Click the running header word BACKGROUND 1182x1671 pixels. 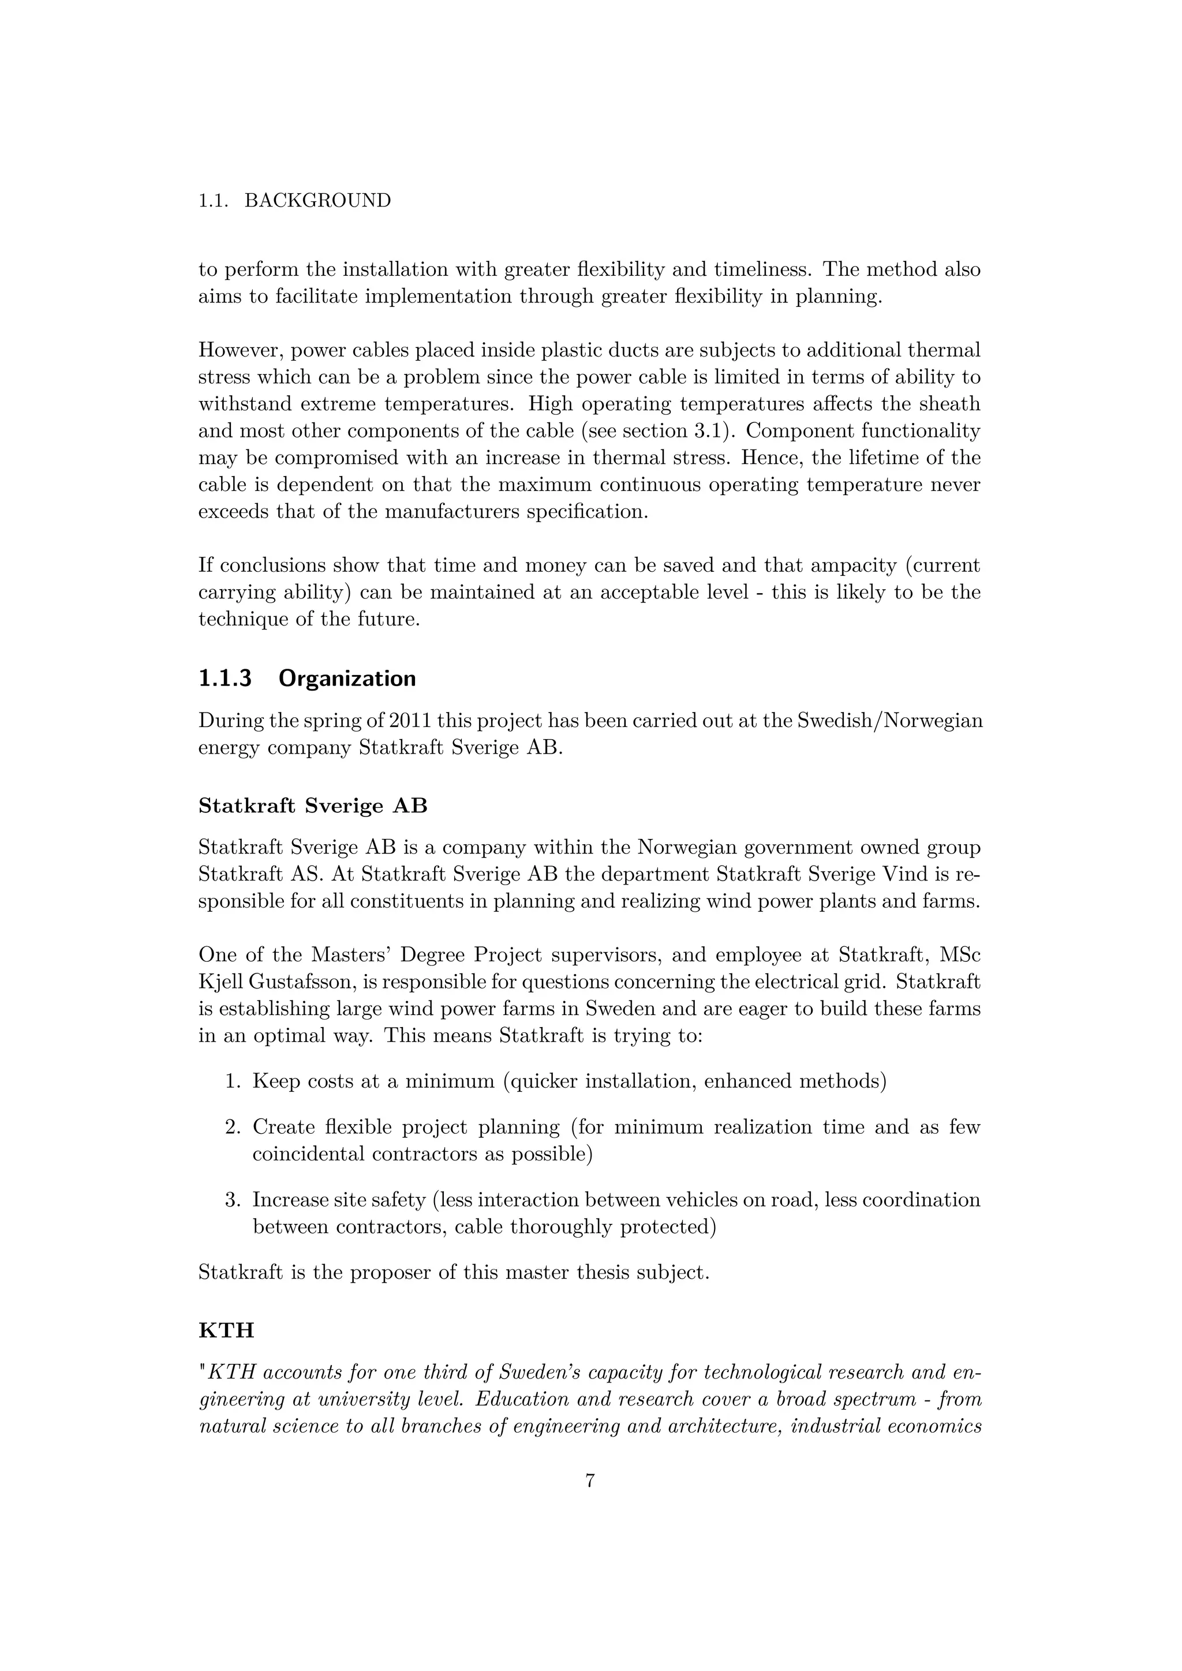[x=317, y=201]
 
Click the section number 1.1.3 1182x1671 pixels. [x=225, y=679]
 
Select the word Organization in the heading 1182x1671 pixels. [x=347, y=679]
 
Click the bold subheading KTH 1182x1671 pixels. [x=226, y=1331]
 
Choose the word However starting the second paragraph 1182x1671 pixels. [x=241, y=350]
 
